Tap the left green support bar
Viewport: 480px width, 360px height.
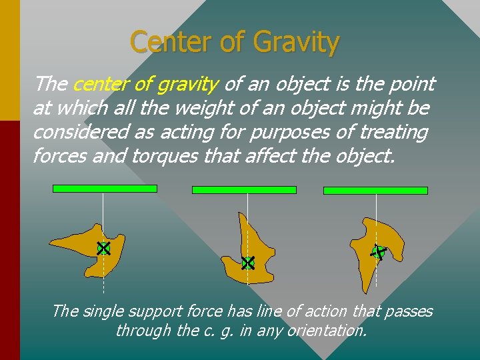point(105,189)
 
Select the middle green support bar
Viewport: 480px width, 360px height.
point(244,190)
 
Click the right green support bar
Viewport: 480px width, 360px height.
point(375,191)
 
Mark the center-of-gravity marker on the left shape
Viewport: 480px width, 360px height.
point(103,249)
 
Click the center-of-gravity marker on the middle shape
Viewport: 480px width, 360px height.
point(248,263)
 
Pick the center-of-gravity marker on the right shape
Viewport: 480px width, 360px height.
point(378,252)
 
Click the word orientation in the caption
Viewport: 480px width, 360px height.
point(327,330)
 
